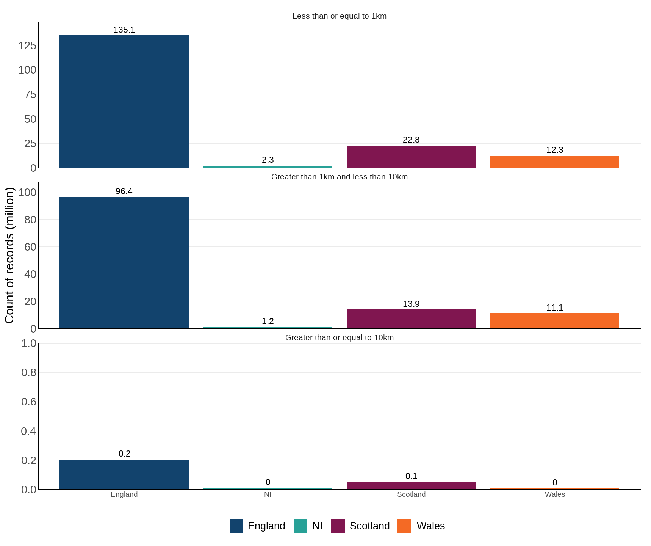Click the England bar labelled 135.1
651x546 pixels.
124,102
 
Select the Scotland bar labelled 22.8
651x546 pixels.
411,157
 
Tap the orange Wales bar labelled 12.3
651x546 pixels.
554,162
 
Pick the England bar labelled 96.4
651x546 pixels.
124,262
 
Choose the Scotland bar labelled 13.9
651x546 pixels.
411,319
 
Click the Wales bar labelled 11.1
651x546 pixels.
554,321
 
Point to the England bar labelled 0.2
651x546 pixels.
124,474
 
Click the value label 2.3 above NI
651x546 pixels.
268,160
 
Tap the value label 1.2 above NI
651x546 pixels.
268,322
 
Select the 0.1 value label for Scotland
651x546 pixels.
411,476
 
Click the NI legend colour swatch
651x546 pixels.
300,526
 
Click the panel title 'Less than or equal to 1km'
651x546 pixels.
339,16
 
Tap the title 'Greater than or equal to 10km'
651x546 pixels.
339,337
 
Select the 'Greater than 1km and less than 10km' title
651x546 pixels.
339,177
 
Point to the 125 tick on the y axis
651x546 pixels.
27,46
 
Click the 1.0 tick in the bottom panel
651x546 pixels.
28,344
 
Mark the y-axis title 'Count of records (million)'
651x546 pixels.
9,255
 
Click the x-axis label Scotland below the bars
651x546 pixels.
411,494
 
